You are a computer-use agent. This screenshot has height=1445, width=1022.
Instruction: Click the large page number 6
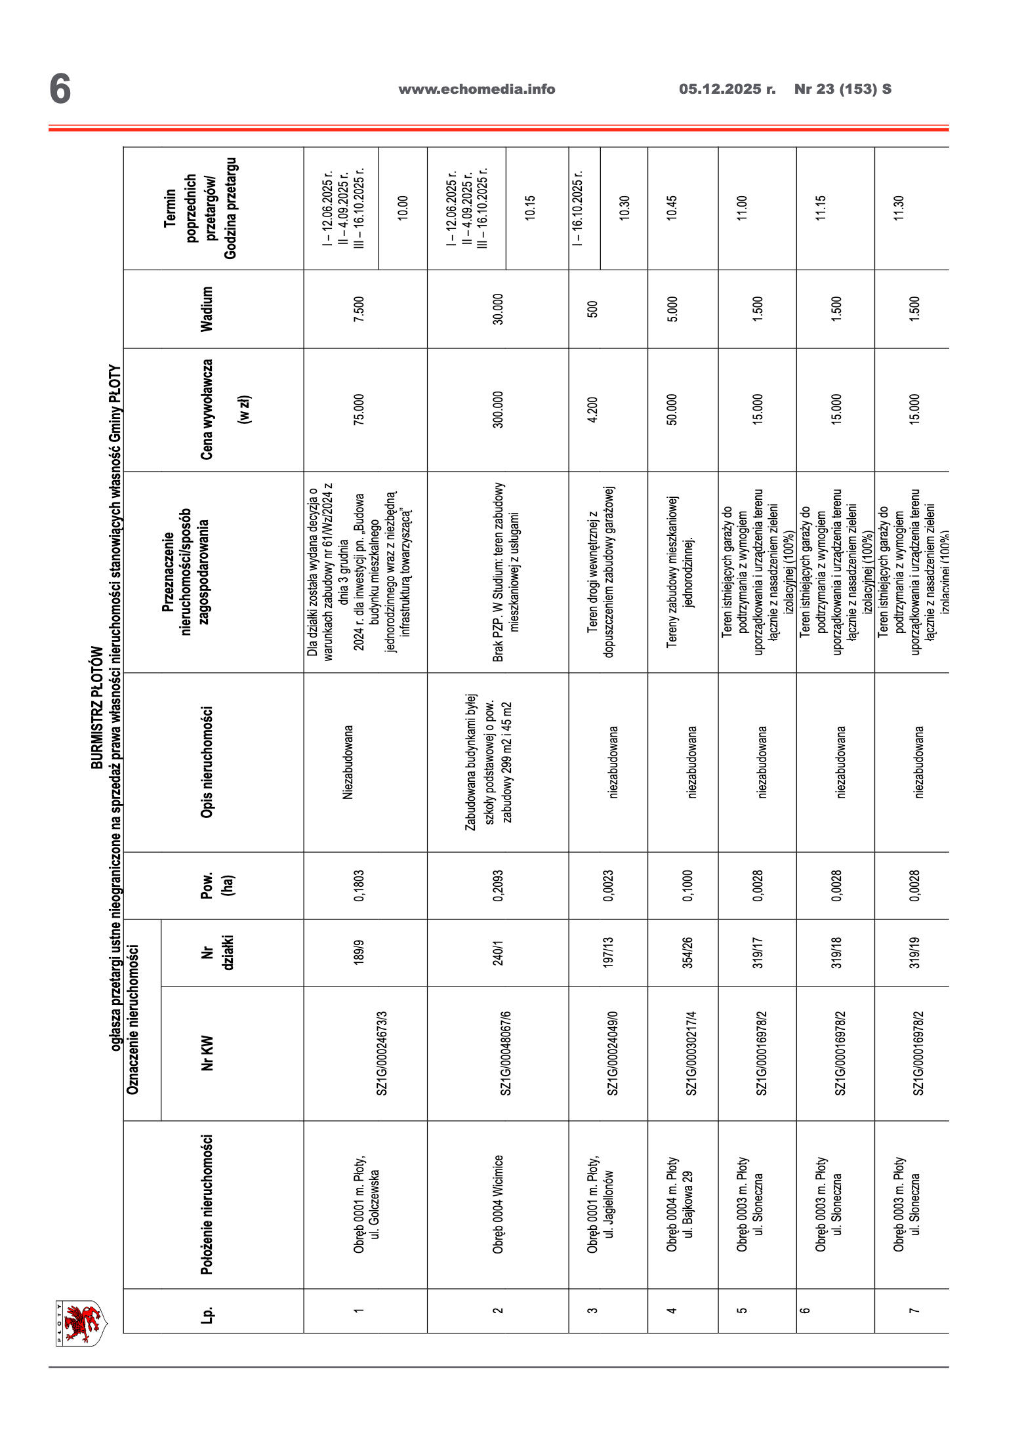coord(60,89)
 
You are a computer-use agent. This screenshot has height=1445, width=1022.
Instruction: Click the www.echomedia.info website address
coord(476,89)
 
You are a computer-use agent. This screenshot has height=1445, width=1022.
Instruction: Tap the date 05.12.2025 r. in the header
coord(727,89)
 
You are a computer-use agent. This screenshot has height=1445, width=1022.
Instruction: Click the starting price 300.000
coord(498,409)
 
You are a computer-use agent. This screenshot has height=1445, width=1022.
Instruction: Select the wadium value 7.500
coord(359,309)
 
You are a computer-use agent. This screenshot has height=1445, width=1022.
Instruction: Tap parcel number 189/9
coord(359,952)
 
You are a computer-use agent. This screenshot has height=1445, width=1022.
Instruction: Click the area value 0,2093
coord(498,885)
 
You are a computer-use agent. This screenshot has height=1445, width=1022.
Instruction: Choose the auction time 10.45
coord(672,208)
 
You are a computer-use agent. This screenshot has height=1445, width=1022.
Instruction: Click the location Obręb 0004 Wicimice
coord(498,1204)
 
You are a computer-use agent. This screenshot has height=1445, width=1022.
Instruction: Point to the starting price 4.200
coord(592,409)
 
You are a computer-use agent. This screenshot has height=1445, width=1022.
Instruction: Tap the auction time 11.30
coord(899,208)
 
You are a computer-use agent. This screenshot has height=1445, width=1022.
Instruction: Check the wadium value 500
coord(592,309)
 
